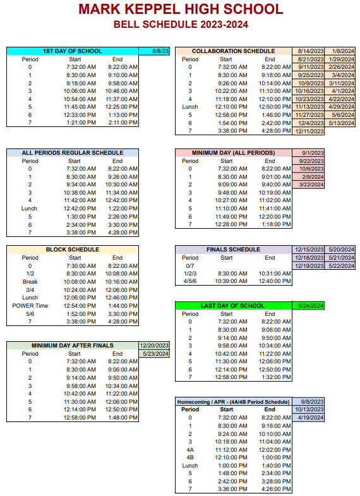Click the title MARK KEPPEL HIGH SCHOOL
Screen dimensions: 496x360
point(180,9)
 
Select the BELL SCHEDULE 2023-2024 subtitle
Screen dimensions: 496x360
point(180,25)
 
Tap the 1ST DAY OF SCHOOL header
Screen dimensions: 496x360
point(72,51)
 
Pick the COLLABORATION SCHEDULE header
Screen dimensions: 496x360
point(233,51)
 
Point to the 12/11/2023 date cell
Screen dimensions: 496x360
point(309,131)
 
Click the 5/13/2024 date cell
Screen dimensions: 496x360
point(342,123)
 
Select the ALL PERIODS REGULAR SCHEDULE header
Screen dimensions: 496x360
point(72,153)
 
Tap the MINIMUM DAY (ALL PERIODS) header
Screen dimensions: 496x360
point(233,153)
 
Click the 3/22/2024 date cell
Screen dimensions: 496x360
point(309,185)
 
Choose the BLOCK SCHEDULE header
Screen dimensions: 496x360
point(72,250)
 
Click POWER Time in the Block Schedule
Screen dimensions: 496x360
point(30,305)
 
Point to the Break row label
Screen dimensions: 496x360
point(30,281)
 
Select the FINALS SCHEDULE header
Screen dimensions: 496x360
point(233,250)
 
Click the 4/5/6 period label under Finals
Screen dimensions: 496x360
point(189,281)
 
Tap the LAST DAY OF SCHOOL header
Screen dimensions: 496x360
point(233,306)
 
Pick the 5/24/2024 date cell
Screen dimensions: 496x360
point(309,306)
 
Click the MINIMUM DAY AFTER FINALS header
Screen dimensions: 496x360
point(72,346)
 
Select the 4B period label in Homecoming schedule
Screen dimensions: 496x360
point(189,457)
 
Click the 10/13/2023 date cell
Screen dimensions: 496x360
point(309,409)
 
